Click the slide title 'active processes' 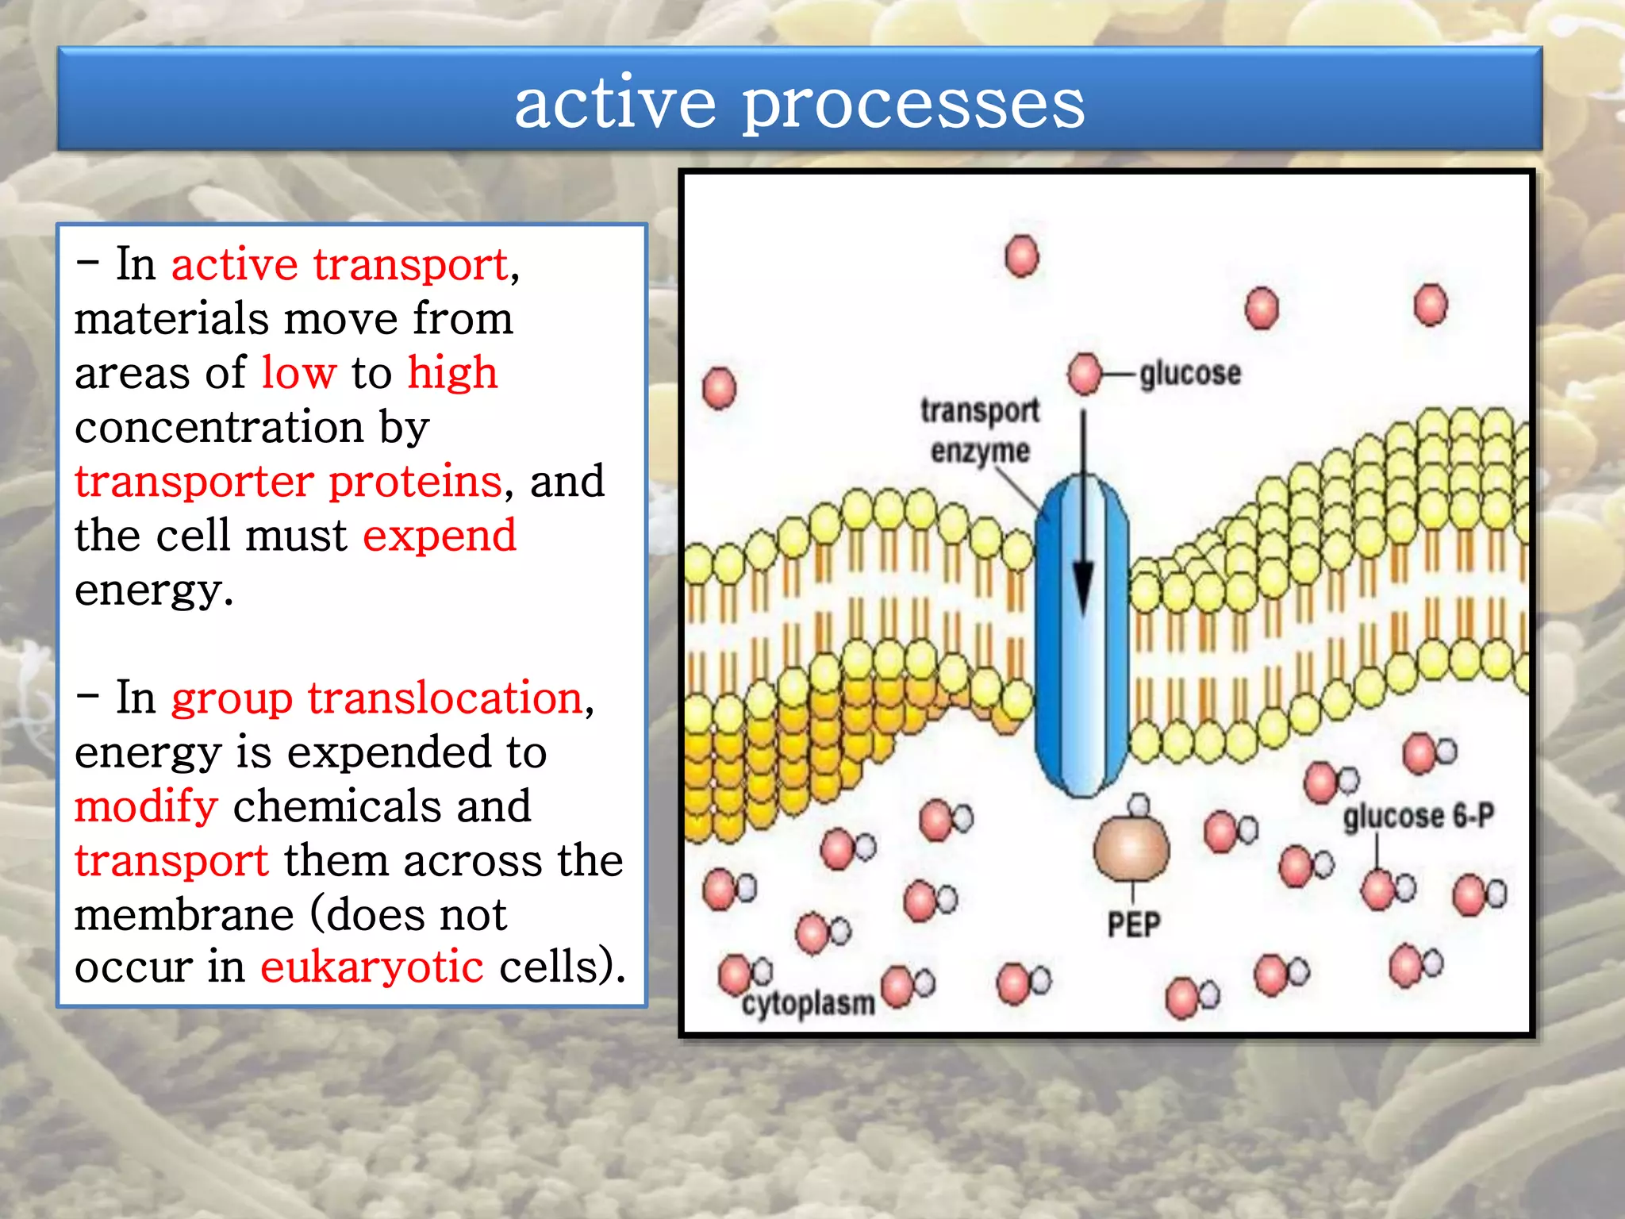coord(799,103)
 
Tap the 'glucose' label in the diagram coord(1189,373)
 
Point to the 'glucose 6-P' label coord(1418,816)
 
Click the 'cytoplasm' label coord(808,1003)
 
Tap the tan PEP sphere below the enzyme coord(1131,848)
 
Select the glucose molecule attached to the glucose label coord(1085,374)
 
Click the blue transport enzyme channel coord(1055,675)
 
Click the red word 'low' coord(299,372)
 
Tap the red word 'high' coord(452,372)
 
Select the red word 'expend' coord(440,535)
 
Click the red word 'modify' coord(146,806)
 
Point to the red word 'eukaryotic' coord(371,967)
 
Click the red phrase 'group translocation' coord(378,698)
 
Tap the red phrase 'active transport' coord(340,264)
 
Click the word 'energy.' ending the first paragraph coord(154,590)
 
